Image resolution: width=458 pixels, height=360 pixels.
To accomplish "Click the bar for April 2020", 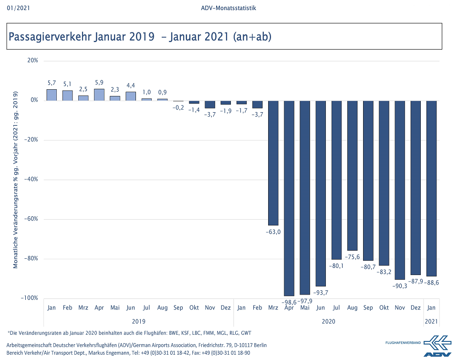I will [x=289, y=198].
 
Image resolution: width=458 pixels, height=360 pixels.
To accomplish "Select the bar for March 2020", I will [x=273, y=163].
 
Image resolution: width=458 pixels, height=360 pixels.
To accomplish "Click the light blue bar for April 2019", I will [x=99, y=95].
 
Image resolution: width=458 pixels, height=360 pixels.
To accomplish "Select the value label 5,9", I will [x=99, y=83].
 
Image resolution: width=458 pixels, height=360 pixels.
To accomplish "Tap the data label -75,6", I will [x=353, y=257].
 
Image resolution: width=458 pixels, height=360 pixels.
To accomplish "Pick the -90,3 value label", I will [x=400, y=286].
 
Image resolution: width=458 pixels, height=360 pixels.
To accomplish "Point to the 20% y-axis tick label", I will [x=32, y=61].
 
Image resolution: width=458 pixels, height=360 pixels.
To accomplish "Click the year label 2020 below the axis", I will [x=328, y=321].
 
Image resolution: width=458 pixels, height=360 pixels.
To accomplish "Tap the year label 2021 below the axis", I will [x=431, y=321].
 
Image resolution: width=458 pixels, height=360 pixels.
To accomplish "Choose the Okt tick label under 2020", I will [x=384, y=308].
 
